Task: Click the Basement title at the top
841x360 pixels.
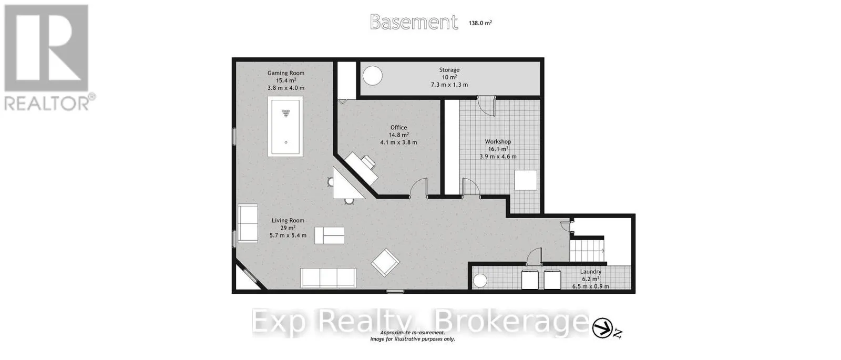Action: coord(414,22)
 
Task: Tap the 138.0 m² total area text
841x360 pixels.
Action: coord(480,23)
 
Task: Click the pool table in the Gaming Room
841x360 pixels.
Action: coord(285,127)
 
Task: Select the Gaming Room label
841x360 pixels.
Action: coord(286,73)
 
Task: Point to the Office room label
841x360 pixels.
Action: coord(398,128)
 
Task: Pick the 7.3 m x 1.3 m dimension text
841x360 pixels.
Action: coord(449,85)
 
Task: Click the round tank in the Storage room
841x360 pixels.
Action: coord(373,76)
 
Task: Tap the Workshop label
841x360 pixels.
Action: coord(498,141)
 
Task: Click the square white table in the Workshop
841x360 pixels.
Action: coord(526,180)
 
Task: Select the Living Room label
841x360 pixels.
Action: coord(288,220)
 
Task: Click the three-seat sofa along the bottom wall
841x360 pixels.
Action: coord(328,278)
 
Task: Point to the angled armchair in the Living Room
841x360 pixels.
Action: coord(386,262)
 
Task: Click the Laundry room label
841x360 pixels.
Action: coord(591,271)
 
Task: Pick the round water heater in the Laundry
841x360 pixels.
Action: coord(480,281)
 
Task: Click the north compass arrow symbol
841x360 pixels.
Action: coord(602,328)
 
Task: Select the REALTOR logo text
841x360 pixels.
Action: coord(47,103)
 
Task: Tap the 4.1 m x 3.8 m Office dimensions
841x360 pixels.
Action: coord(398,142)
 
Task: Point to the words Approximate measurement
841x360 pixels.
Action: coord(413,333)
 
